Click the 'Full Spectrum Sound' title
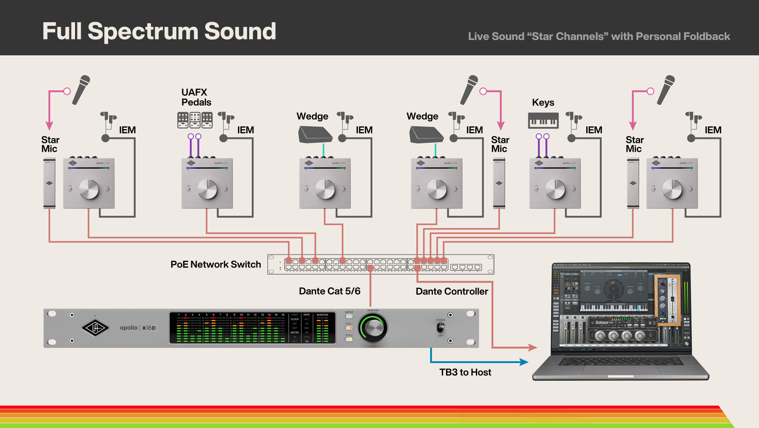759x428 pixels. click(159, 31)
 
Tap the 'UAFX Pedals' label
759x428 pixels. click(196, 97)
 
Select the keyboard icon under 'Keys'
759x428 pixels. click(543, 121)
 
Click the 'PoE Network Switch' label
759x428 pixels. click(216, 264)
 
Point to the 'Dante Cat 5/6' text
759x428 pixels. click(329, 291)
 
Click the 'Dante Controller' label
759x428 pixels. click(452, 291)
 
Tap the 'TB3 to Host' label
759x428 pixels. click(465, 372)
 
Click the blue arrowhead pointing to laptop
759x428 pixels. click(524, 362)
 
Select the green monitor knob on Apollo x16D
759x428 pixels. click(373, 328)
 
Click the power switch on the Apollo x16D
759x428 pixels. click(441, 327)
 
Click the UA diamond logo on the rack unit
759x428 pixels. click(95, 328)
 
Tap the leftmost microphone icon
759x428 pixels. click(81, 90)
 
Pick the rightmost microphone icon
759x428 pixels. click(666, 90)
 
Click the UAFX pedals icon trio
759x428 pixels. click(195, 120)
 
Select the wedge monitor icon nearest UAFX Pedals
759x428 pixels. click(315, 135)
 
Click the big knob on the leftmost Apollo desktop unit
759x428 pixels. click(89, 189)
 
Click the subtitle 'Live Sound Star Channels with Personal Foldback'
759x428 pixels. click(599, 36)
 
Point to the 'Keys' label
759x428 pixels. click(543, 103)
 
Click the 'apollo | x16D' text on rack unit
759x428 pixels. click(137, 328)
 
